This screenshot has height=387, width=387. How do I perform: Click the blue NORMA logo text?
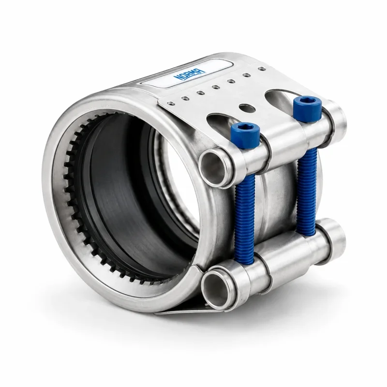190,74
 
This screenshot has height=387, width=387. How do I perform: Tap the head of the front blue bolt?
246,135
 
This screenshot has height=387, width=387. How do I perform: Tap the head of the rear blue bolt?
307,108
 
